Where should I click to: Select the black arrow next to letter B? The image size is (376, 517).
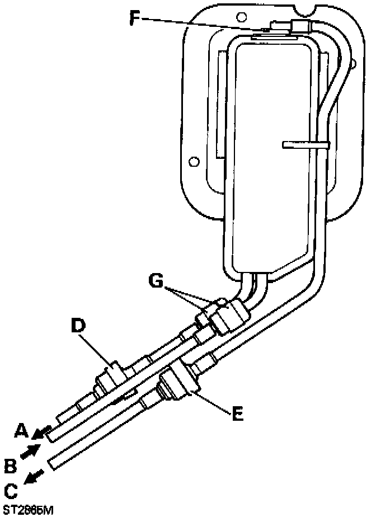tap(30, 450)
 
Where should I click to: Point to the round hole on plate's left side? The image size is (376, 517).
tap(194, 161)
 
